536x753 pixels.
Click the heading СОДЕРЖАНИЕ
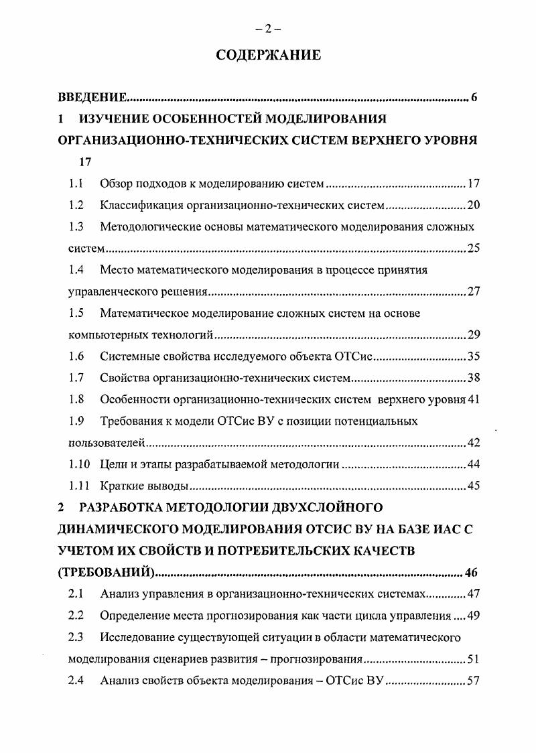[x=268, y=55]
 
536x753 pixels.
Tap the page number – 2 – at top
[x=268, y=28]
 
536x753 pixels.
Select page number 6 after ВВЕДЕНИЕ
[x=474, y=98]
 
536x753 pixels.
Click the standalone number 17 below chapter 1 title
[x=84, y=161]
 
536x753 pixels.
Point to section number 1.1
[x=76, y=183]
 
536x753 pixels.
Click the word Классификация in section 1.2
[x=133, y=205]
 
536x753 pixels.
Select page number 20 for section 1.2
[x=473, y=205]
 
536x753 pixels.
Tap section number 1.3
[x=76, y=226]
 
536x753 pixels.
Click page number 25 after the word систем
[x=473, y=249]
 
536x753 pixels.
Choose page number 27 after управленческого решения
[x=473, y=292]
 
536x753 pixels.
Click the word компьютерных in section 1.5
[x=101, y=335]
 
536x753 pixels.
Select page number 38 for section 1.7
[x=473, y=379]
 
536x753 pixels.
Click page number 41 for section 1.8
[x=474, y=400]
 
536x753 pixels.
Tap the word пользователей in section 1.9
[x=107, y=443]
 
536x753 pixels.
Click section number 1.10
[x=79, y=464]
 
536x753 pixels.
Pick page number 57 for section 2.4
[x=473, y=681]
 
